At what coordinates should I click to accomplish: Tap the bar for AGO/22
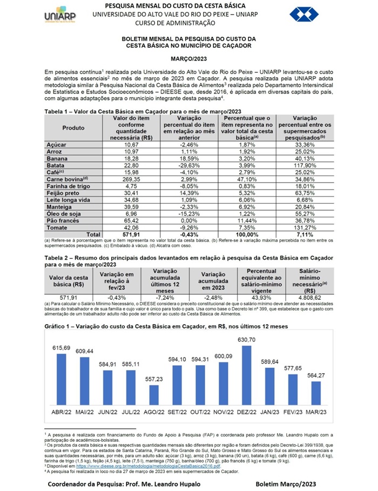pos(154,395)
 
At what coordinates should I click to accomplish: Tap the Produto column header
pos(73,128)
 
